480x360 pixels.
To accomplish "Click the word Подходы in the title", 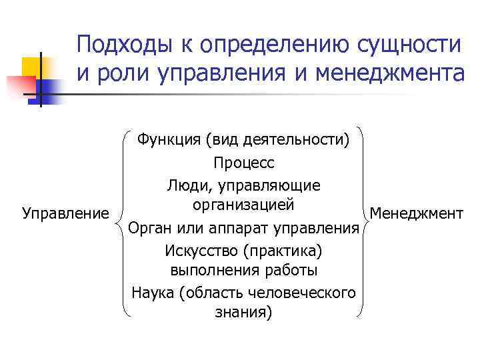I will (121, 45).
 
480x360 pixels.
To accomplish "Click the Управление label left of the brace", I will (65, 213).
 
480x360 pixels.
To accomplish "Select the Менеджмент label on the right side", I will (416, 213).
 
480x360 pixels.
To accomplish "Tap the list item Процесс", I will (243, 163).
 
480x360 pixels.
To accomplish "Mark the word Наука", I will (153, 292).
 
